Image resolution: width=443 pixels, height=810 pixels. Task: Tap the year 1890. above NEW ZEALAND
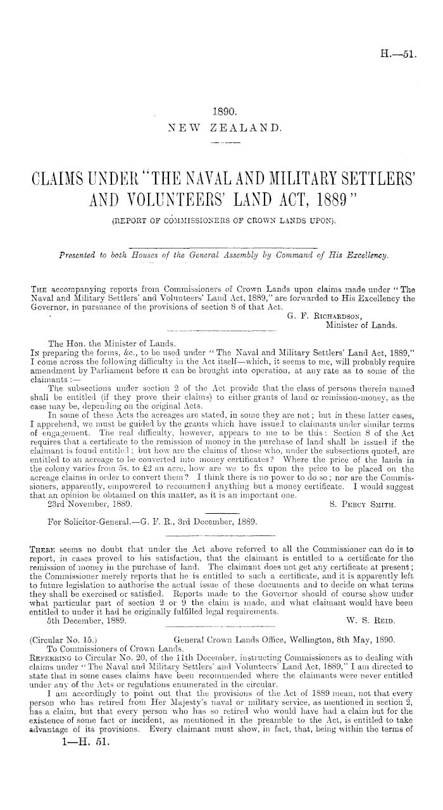tap(222, 112)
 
